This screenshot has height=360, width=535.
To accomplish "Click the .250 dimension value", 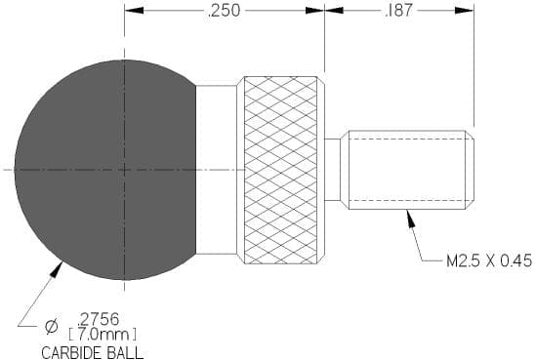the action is [224, 11].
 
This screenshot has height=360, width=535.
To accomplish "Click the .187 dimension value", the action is [398, 11].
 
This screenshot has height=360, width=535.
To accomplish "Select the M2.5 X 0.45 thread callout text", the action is [489, 260].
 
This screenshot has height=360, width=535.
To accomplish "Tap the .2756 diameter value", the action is [99, 319].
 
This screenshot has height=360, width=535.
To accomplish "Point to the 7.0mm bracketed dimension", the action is [103, 334].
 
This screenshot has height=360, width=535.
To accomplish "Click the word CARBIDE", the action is [69, 352].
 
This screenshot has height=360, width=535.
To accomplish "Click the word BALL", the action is [124, 352].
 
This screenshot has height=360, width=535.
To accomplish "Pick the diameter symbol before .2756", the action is [51, 327].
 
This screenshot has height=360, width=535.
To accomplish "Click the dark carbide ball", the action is [105, 170].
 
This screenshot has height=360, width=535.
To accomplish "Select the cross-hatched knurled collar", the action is [280, 170].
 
